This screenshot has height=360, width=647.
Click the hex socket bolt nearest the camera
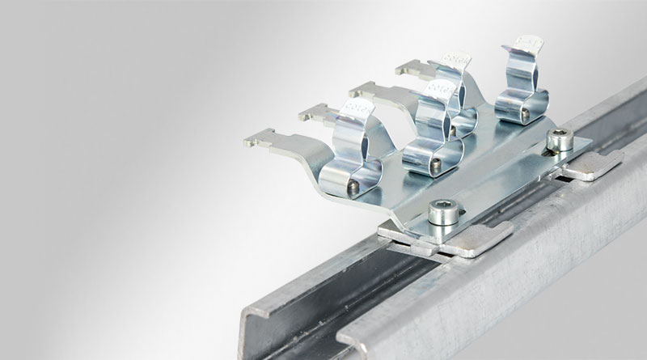pos(444,212)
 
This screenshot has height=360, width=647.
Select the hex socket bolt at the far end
pos(560,142)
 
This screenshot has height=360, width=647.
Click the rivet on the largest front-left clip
pos(353,186)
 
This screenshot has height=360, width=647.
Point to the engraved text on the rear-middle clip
pos(458,62)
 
